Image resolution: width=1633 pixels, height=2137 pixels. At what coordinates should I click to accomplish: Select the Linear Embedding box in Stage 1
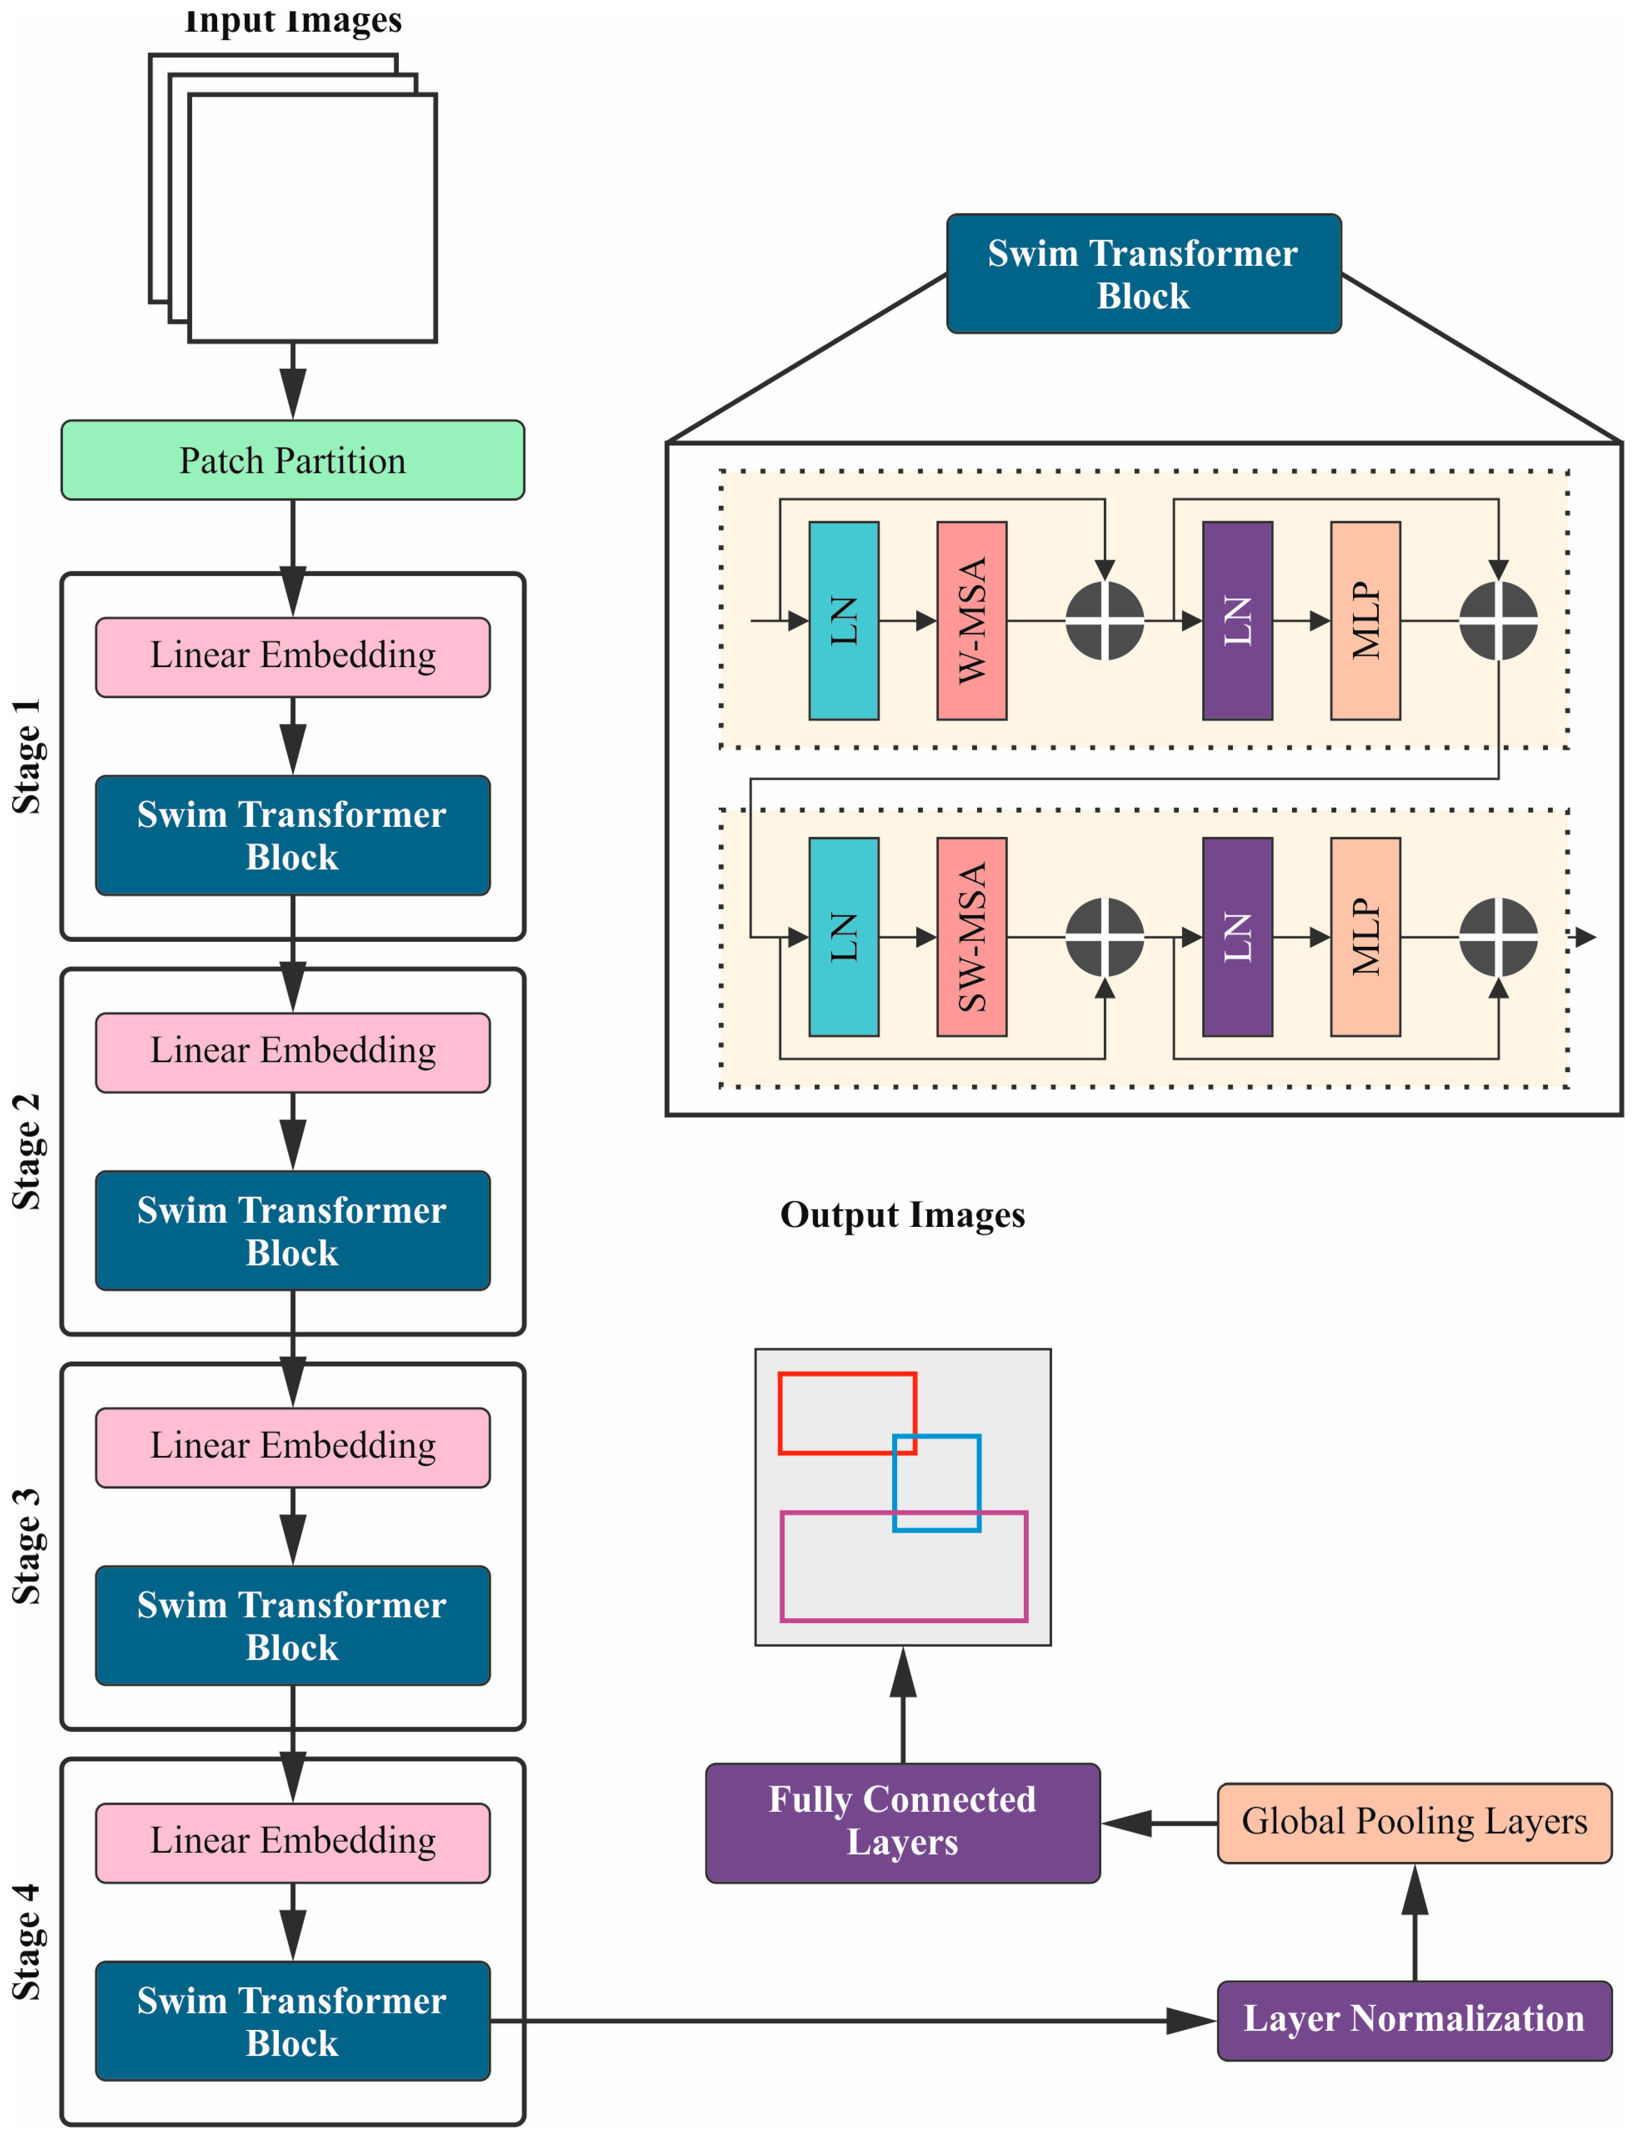pyautogui.click(x=293, y=657)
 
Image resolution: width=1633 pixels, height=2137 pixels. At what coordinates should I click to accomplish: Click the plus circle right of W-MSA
pyautogui.click(x=1104, y=620)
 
